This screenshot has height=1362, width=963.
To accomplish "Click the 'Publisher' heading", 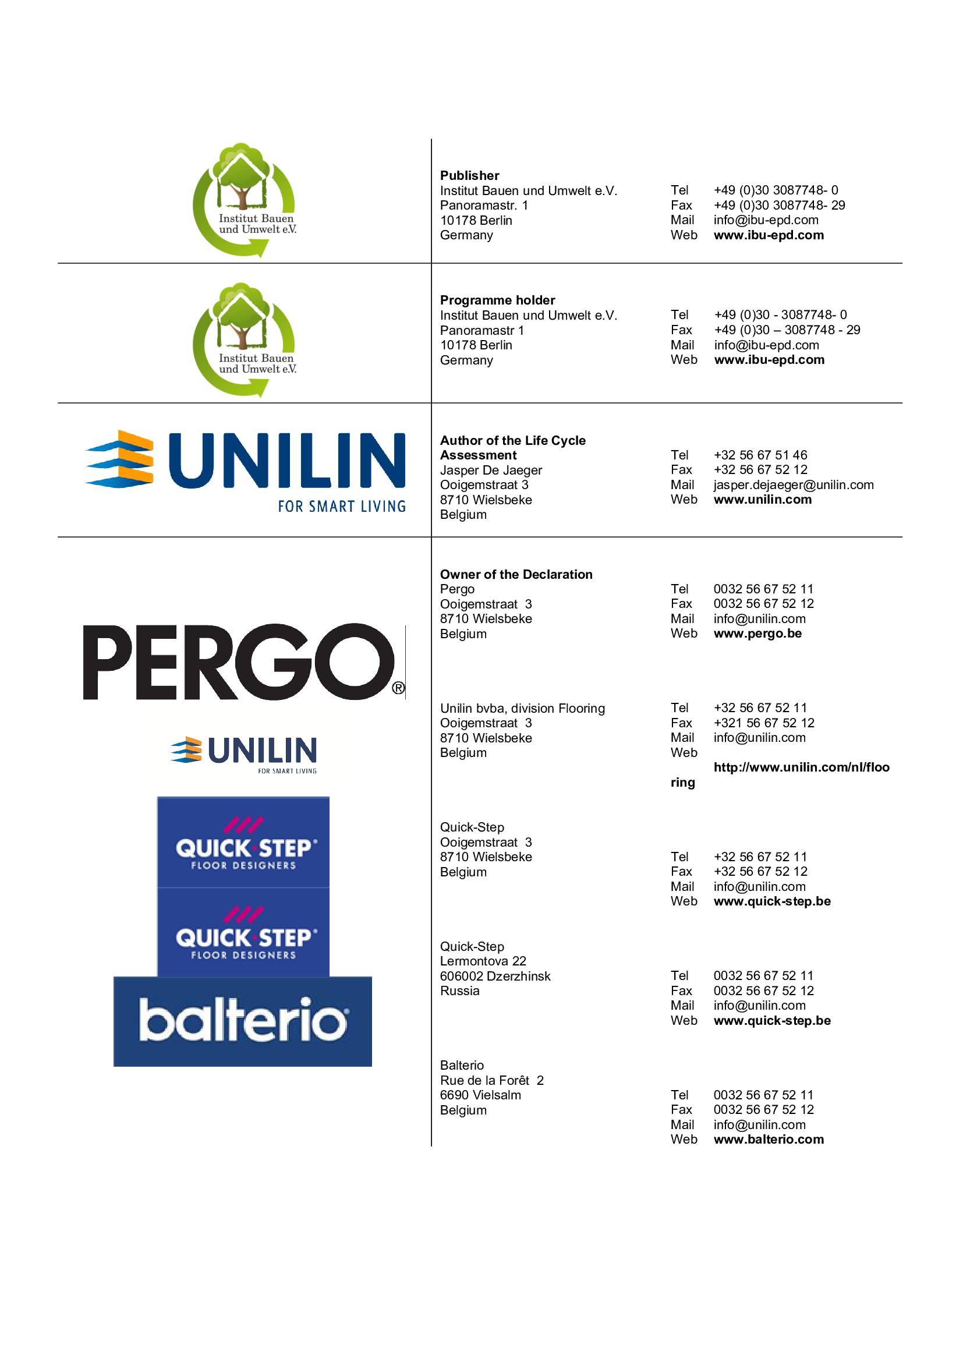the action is click(469, 176).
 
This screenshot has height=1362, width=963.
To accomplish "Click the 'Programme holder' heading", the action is click(497, 300).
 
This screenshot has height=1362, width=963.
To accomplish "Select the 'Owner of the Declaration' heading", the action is click(516, 574).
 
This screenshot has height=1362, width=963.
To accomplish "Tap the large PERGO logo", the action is click(244, 661).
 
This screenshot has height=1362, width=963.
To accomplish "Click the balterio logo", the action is click(243, 1021).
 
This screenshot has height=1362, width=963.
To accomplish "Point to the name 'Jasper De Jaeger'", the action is click(491, 470).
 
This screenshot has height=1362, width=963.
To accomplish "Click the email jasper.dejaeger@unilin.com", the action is click(794, 485).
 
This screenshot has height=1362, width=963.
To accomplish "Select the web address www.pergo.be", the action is click(757, 634).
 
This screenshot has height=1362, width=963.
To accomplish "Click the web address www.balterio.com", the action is click(769, 1139).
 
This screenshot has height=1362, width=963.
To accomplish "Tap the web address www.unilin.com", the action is click(763, 500).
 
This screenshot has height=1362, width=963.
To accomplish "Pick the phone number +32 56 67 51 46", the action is click(760, 455).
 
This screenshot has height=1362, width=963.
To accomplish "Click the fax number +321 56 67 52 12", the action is click(764, 723).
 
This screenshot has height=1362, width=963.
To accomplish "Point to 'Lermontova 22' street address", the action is click(483, 961).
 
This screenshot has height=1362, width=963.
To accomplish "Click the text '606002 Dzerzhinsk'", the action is click(495, 976).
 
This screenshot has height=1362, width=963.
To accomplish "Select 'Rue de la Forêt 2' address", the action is click(491, 1080).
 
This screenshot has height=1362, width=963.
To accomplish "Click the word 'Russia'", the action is click(459, 990).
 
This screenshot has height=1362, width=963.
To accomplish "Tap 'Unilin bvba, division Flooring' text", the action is click(522, 708).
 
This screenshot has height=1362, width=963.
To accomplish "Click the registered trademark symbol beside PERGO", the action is click(398, 688).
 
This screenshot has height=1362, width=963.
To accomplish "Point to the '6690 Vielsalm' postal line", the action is click(480, 1095).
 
